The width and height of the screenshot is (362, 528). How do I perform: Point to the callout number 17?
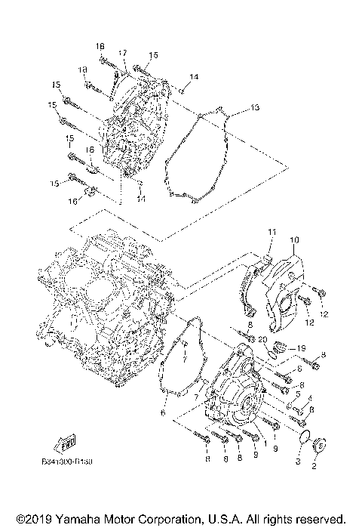[x=123, y=52]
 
